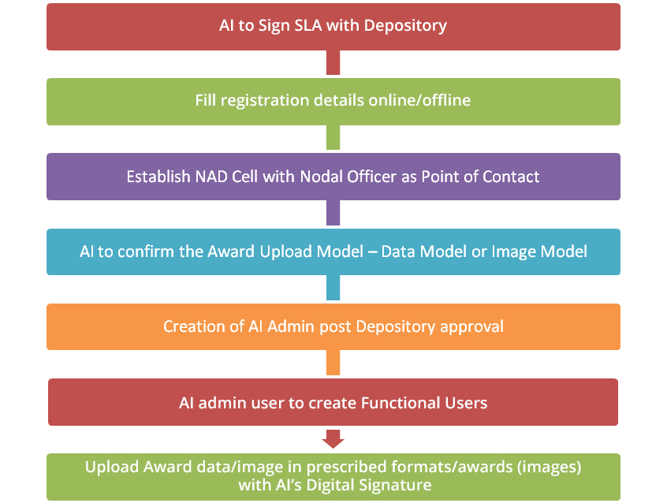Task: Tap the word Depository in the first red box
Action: [405, 26]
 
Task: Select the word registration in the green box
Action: [264, 101]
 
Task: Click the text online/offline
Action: [419, 100]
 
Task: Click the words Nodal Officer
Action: [348, 177]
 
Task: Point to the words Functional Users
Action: [424, 403]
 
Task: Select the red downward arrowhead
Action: [333, 439]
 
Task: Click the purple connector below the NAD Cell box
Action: [333, 212]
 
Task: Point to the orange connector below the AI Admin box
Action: [333, 363]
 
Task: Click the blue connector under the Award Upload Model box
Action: [333, 288]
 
